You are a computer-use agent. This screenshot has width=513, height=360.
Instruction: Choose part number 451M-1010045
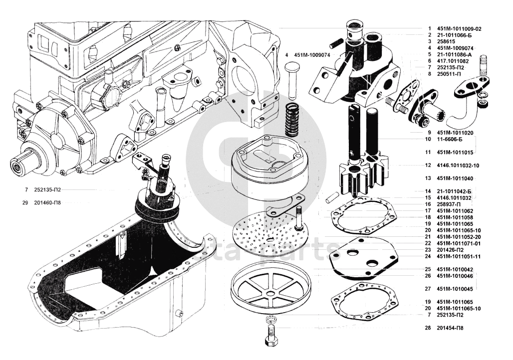click(455, 289)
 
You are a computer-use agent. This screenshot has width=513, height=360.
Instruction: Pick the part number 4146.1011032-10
click(458, 165)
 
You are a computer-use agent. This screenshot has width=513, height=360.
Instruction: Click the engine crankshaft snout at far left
click(22, 163)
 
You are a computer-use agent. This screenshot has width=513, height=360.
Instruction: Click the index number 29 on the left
click(25, 203)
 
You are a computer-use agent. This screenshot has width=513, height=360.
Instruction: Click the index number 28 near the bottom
click(428, 328)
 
